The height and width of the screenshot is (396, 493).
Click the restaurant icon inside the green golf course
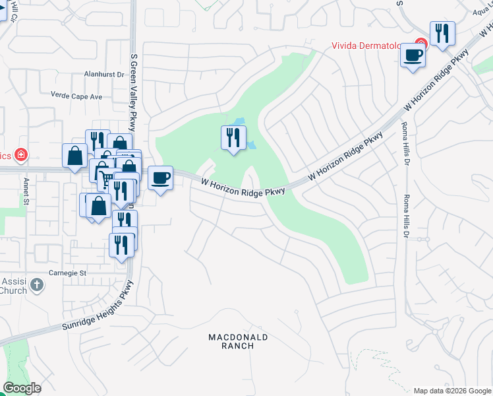[x=233, y=138]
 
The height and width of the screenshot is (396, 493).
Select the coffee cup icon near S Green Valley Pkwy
[x=160, y=178]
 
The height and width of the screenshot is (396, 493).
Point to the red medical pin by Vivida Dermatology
[x=420, y=44]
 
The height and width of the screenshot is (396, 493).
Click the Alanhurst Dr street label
[x=104, y=75]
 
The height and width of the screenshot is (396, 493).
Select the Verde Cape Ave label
[x=77, y=96]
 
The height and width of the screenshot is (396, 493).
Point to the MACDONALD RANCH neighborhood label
[x=238, y=341]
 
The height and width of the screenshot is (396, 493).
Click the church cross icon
[x=37, y=285]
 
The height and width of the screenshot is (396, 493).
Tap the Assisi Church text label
[x=13, y=285]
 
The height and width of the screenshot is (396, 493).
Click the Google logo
[x=22, y=388]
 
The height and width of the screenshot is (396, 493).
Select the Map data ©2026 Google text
[x=451, y=391]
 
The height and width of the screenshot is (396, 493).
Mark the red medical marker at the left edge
[x=22, y=155]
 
